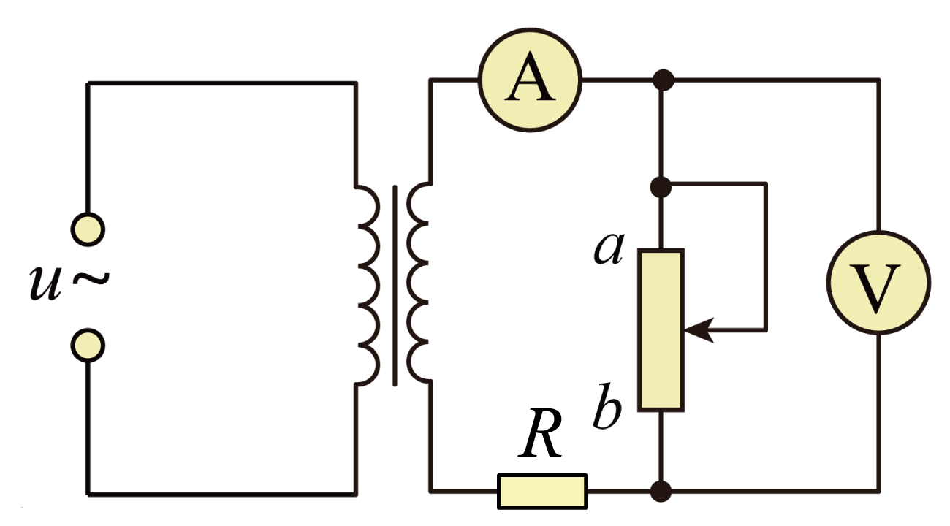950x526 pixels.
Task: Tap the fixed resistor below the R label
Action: pyautogui.click(x=542, y=492)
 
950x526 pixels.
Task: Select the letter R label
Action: pyautogui.click(x=540, y=433)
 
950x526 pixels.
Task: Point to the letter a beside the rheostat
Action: pyautogui.click(x=609, y=248)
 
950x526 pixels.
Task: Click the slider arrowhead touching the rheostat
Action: pyautogui.click(x=699, y=329)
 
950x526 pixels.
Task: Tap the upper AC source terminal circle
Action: pyautogui.click(x=88, y=229)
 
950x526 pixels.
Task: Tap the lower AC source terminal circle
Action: pyautogui.click(x=88, y=346)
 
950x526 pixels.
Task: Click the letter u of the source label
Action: pyautogui.click(x=45, y=283)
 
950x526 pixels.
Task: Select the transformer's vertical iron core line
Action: pyautogui.click(x=395, y=286)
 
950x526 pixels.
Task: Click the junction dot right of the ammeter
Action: pyautogui.click(x=664, y=80)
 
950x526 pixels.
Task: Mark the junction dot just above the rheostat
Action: pyautogui.click(x=661, y=187)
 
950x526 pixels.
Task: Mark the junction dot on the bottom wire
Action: pyautogui.click(x=661, y=492)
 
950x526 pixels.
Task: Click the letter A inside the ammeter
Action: pyautogui.click(x=530, y=77)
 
